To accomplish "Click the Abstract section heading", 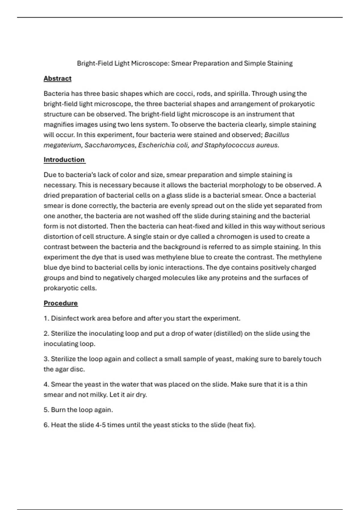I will tap(57, 79).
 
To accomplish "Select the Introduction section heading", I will tap(64, 160).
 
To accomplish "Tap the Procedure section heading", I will tap(61, 303).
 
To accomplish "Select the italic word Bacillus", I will tap(277, 135).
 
